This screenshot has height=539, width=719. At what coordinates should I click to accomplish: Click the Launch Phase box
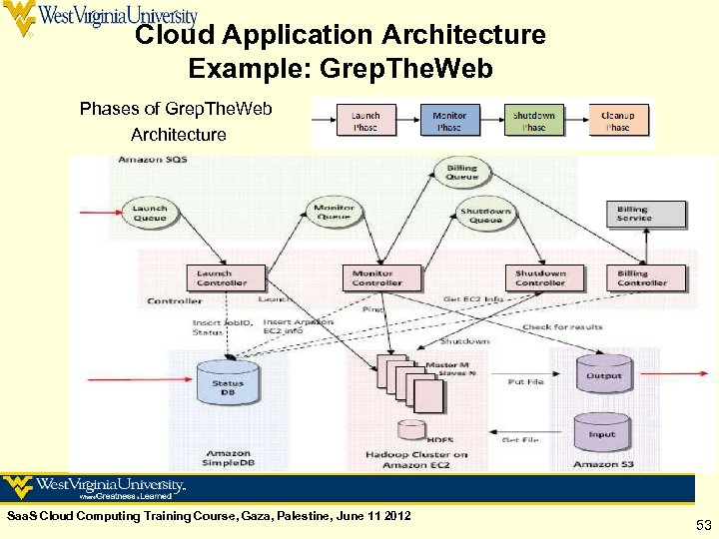[365, 122]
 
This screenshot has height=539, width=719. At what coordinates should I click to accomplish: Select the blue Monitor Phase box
[449, 122]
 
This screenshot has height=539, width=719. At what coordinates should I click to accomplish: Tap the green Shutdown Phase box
[534, 122]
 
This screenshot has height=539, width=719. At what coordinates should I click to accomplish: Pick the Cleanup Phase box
[618, 122]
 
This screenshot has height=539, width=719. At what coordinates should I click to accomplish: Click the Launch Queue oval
[150, 213]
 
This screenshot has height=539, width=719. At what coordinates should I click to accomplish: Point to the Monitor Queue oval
[334, 213]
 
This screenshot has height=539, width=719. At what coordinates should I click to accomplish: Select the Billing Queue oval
[462, 173]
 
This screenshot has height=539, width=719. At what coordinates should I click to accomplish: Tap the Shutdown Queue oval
[486, 215]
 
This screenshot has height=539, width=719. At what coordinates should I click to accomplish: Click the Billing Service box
[633, 214]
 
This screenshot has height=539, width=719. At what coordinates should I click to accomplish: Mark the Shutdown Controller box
[540, 277]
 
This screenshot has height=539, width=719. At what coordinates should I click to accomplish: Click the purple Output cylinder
[603, 377]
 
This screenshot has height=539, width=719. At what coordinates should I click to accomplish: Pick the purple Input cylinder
[602, 434]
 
